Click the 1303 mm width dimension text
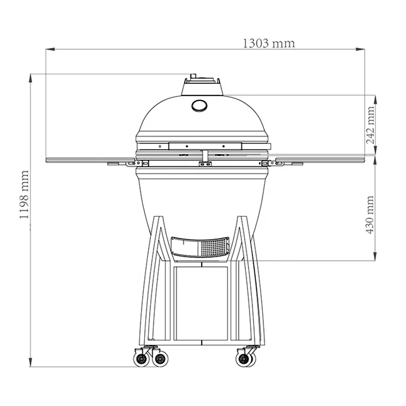pyautogui.click(x=269, y=43)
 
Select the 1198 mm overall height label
pyautogui.click(x=24, y=195)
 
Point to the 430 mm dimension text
pyautogui.click(x=370, y=214)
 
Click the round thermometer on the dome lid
pyautogui.click(x=199, y=106)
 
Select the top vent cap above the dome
pyautogui.click(x=202, y=86)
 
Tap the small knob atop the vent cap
pyautogui.click(x=193, y=76)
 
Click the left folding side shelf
pyautogui.click(x=89, y=160)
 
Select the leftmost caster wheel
pyautogui.click(x=141, y=359)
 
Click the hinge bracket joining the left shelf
pyautogui.click(x=132, y=163)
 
